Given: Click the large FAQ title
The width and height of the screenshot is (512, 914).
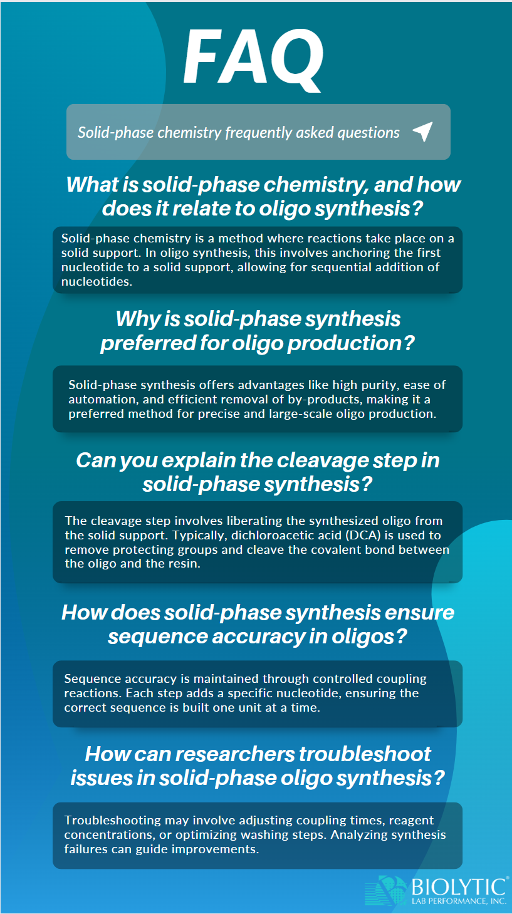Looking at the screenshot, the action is coord(254,58).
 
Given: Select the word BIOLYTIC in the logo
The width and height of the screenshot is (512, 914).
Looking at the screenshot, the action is coord(459,887).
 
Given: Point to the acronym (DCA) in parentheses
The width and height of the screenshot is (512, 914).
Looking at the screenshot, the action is coord(364,536).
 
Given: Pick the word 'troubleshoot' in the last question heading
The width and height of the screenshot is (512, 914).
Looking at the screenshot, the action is coord(365,754).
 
